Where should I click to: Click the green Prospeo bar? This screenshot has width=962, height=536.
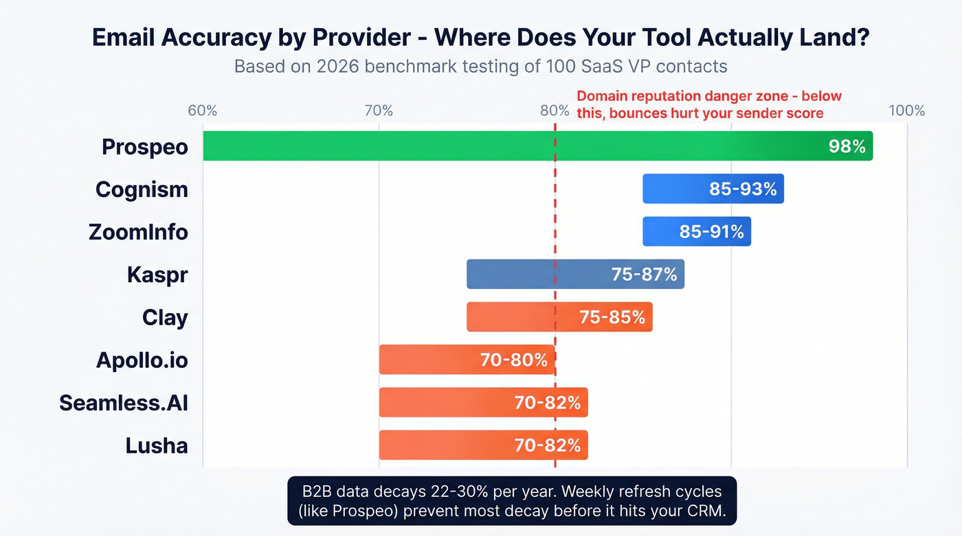[x=481, y=146]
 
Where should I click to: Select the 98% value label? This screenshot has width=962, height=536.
[x=847, y=146]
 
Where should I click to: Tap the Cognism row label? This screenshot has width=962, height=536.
[x=142, y=189]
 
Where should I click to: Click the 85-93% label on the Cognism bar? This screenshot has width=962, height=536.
[x=743, y=189]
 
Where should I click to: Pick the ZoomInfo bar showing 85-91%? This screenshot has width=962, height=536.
[x=696, y=231]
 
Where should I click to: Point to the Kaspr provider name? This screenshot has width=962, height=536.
[x=157, y=275]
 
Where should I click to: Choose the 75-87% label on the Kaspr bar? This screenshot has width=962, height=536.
[x=644, y=275]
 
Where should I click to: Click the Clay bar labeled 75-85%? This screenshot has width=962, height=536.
[x=559, y=317]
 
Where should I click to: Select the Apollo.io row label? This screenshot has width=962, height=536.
[x=142, y=360]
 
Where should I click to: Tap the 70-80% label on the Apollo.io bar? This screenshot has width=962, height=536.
[x=513, y=360]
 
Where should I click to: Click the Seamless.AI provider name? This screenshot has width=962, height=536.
[x=124, y=402]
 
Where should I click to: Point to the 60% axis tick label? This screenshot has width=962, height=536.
[x=203, y=110]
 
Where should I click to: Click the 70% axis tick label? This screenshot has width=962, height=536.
[x=379, y=110]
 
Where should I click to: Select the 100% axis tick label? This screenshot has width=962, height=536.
[x=906, y=110]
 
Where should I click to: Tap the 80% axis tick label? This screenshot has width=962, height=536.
[x=554, y=110]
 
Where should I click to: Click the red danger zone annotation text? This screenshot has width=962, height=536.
[x=708, y=104]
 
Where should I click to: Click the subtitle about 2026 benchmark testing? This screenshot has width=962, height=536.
[x=480, y=67]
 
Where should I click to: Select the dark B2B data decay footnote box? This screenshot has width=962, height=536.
[x=511, y=501]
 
